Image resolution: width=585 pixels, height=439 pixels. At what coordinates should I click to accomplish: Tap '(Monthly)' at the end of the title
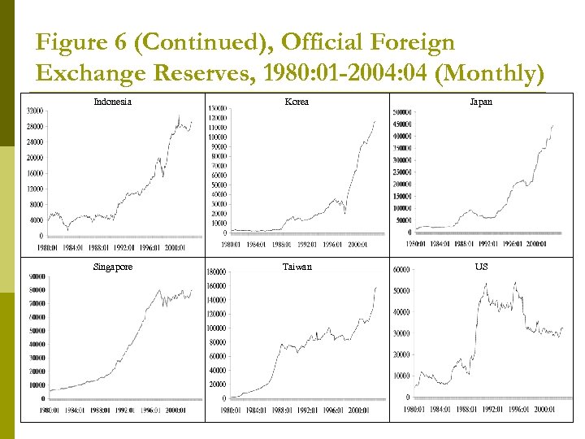(x=489, y=73)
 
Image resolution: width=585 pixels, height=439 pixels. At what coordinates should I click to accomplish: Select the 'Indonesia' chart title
(x=113, y=102)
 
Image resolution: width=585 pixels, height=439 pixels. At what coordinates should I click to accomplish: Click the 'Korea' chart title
(x=296, y=102)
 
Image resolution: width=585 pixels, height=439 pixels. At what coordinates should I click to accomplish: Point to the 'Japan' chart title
(x=482, y=102)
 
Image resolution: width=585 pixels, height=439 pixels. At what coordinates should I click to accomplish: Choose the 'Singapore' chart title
(x=113, y=267)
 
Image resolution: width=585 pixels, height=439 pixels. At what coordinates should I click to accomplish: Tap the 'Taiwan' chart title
(x=296, y=267)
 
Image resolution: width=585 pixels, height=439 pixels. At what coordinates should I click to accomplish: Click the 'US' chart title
(x=482, y=267)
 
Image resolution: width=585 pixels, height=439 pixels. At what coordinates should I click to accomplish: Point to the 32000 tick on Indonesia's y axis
(x=34, y=111)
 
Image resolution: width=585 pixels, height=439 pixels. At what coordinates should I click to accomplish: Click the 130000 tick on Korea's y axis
(x=217, y=108)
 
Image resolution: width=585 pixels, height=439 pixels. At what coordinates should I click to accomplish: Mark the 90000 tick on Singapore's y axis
(x=37, y=276)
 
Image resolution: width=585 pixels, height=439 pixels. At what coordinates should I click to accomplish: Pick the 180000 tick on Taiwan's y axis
(x=217, y=272)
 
